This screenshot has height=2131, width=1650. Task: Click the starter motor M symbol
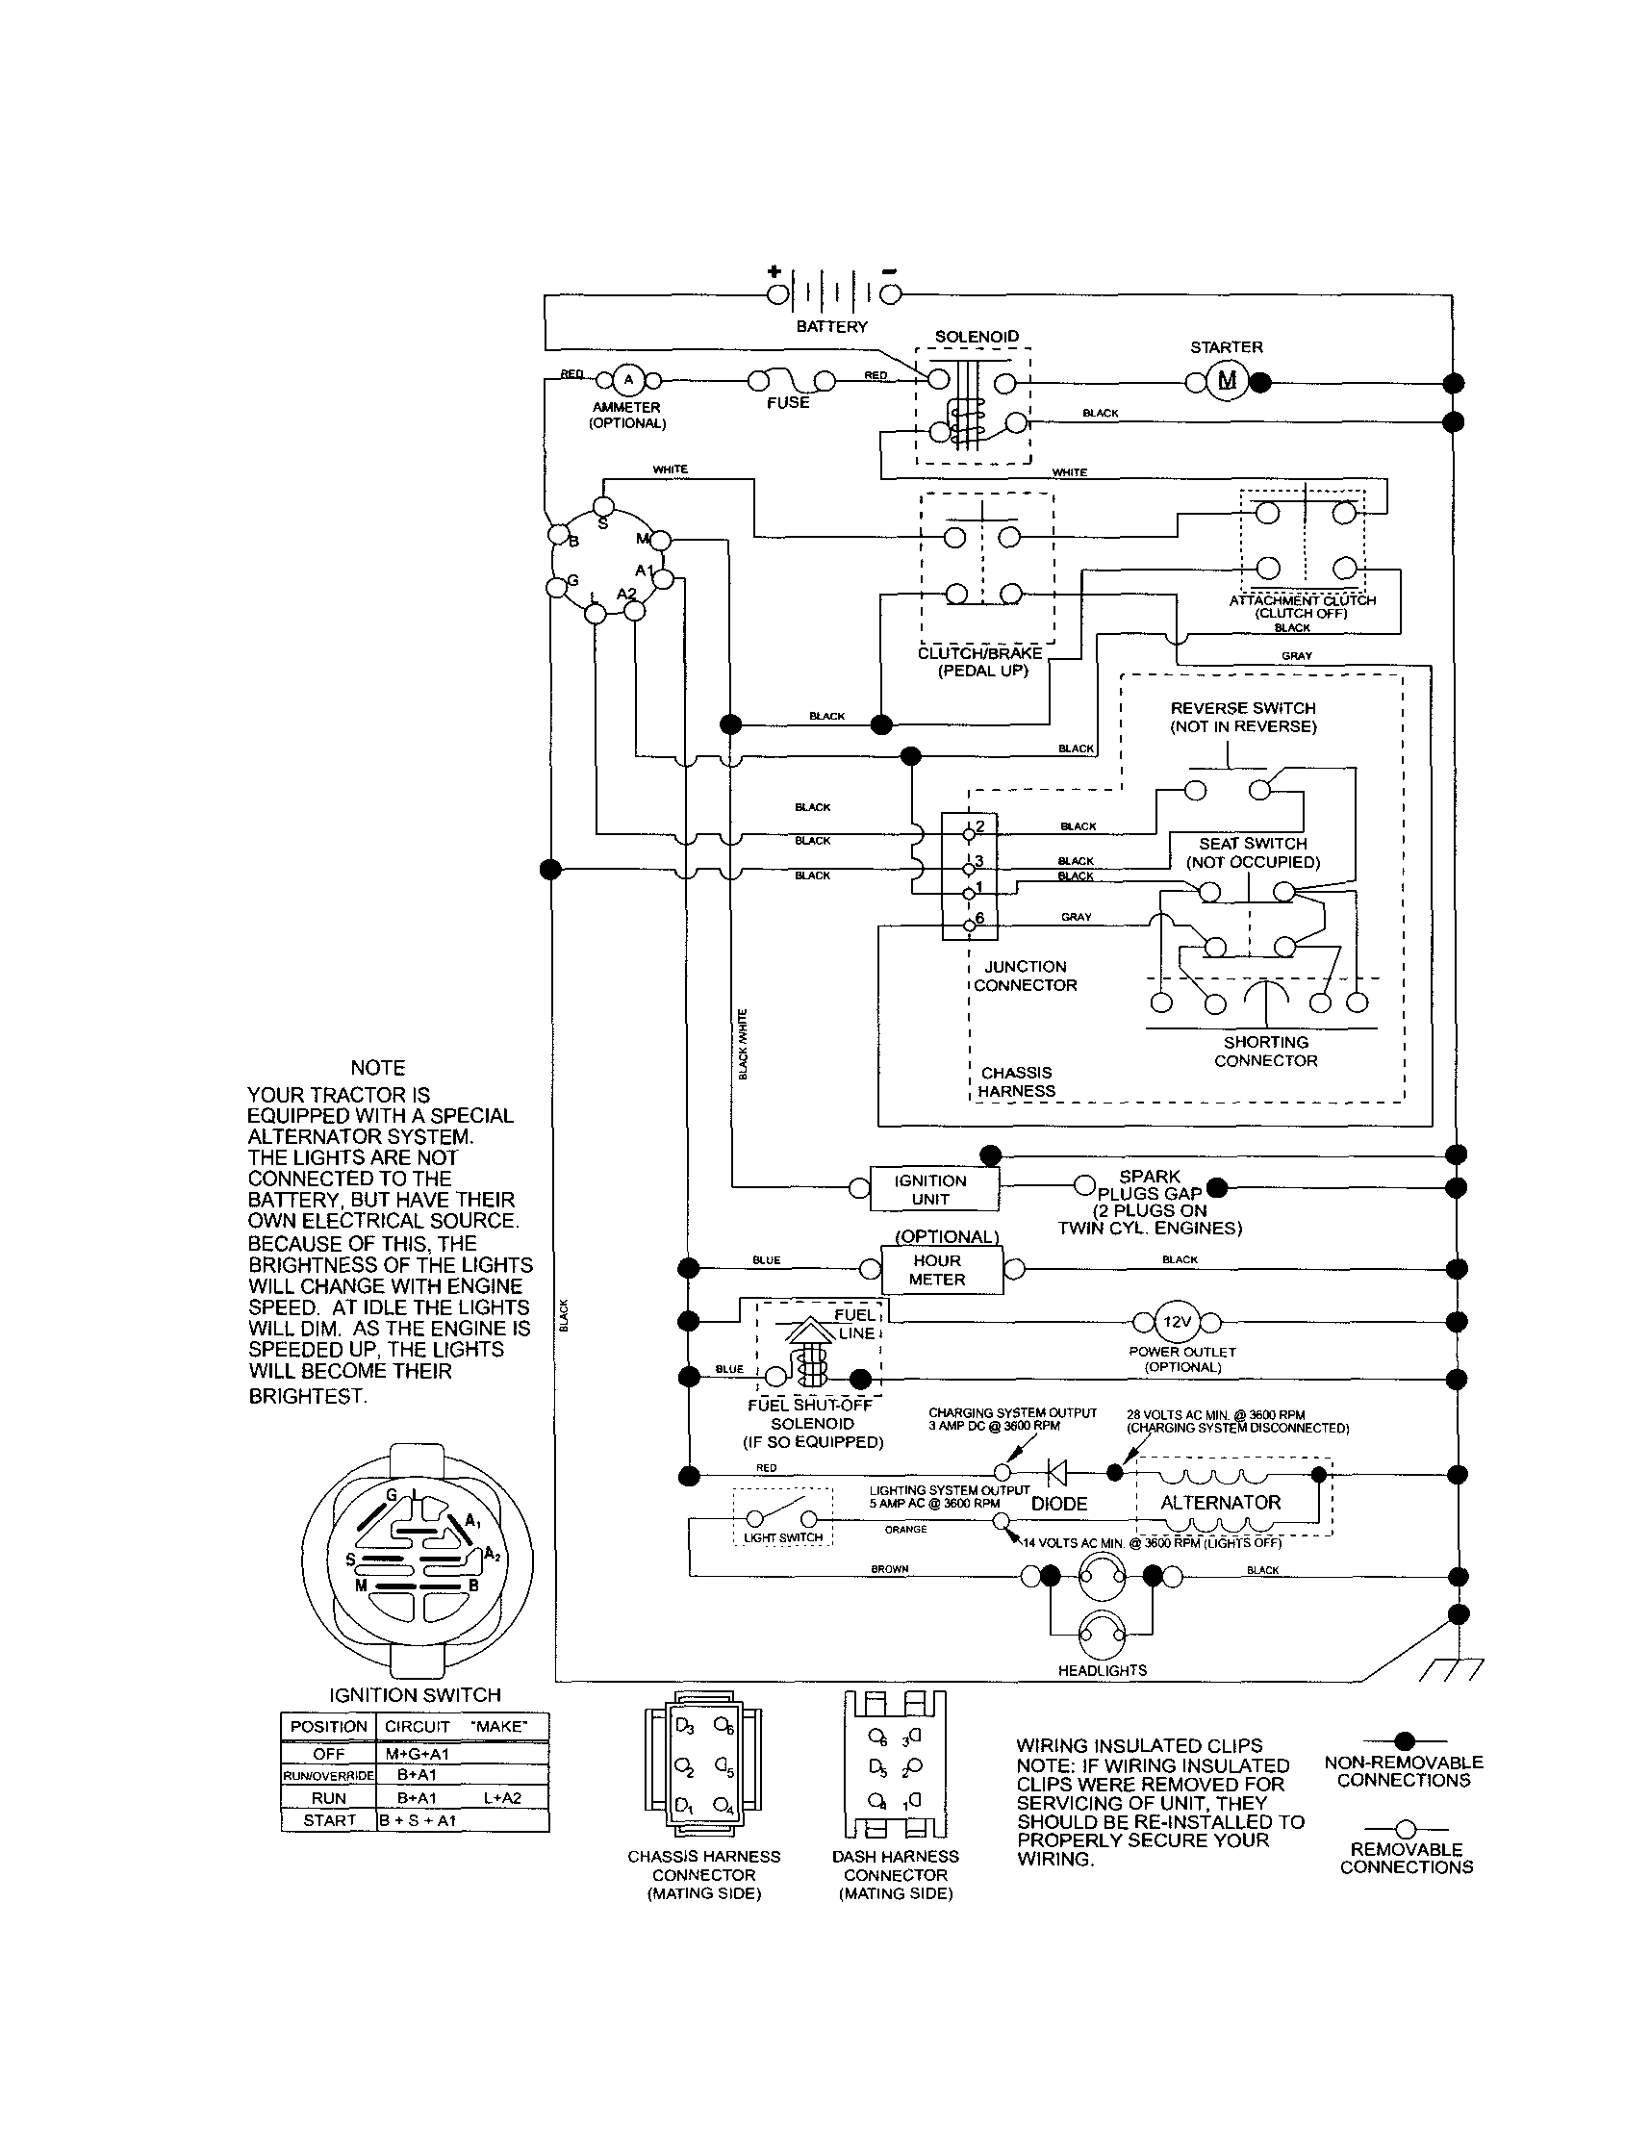1227,381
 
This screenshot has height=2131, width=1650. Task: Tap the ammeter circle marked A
628,380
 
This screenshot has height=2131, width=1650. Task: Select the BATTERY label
831,326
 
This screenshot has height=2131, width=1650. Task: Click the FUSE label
787,402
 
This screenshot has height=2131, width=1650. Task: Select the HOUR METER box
937,1269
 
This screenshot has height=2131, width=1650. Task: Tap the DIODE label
1058,1504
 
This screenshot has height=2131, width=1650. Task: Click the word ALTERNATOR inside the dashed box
1220,1503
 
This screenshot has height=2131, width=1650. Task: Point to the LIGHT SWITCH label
782,1536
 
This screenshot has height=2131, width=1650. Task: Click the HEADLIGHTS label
1102,1669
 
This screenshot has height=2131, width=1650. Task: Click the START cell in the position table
329,1819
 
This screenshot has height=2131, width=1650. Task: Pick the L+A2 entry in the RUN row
501,1797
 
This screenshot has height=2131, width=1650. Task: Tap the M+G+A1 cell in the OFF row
417,1754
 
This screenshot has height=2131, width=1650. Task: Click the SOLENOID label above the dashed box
976,336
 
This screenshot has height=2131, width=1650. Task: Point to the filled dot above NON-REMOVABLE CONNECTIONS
1404,1739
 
